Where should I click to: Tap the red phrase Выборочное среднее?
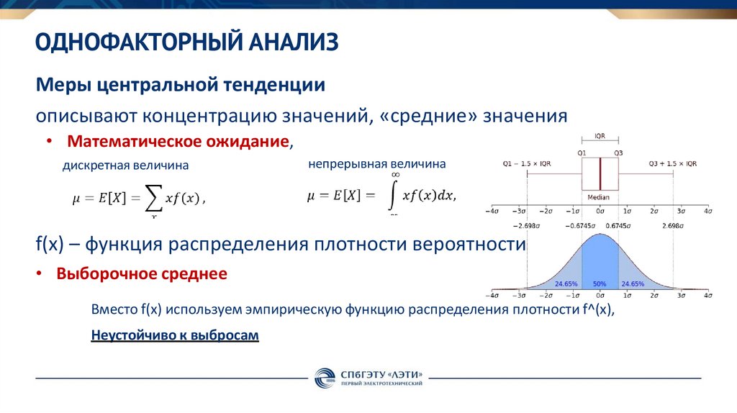click(142, 274)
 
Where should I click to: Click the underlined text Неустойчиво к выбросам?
click(175, 335)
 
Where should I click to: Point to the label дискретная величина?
click(125, 165)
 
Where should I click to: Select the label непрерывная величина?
click(377, 164)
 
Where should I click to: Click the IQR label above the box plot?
click(600, 137)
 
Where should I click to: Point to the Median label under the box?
click(598, 197)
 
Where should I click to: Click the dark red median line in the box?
click(600, 174)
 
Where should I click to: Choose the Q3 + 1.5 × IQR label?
click(672, 163)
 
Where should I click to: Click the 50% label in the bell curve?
click(599, 284)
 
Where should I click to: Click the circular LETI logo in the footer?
click(323, 378)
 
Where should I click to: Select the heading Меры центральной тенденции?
click(181, 86)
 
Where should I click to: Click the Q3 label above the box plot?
click(618, 153)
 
